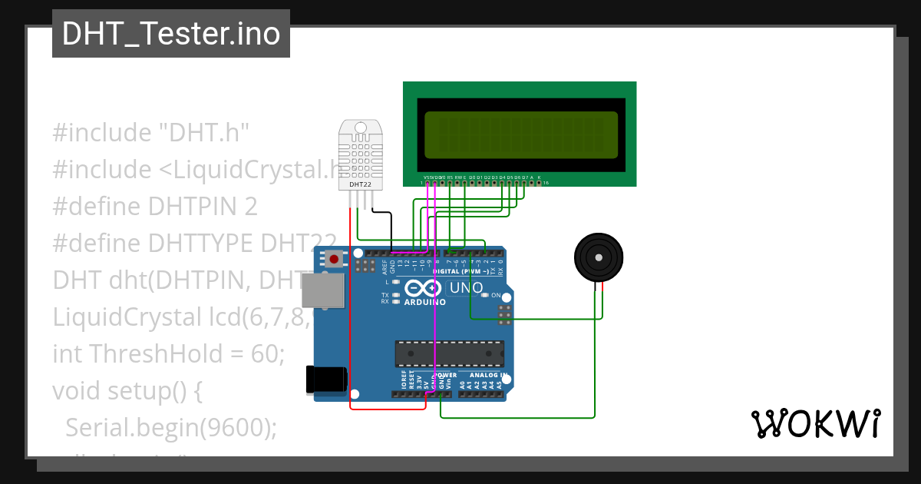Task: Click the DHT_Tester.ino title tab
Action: click(170, 34)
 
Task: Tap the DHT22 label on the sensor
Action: click(361, 184)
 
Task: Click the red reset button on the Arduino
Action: click(335, 260)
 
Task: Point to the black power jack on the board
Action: click(326, 380)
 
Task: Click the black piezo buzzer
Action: click(599, 257)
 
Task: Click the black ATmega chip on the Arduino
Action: click(450, 353)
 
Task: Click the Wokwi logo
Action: click(815, 423)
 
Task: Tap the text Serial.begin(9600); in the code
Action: click(170, 428)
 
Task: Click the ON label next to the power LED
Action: click(496, 296)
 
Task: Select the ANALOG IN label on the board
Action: click(484, 376)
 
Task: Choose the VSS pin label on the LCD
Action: click(427, 177)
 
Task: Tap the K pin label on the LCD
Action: click(540, 177)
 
